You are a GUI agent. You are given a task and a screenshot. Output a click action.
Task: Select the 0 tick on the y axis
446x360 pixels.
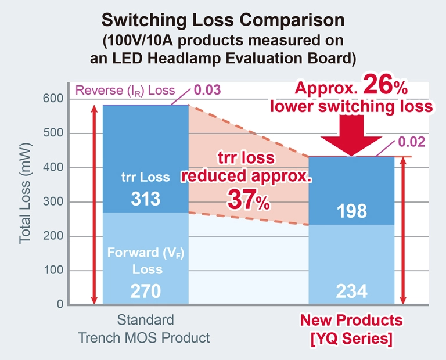pyautogui.click(x=59, y=304)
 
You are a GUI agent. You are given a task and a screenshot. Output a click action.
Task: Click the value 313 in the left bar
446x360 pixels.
pyautogui.click(x=145, y=199)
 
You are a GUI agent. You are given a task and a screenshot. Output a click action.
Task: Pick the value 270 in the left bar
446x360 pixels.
pyautogui.click(x=145, y=290)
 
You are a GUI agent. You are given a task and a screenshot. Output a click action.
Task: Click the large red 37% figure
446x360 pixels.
pyautogui.click(x=249, y=200)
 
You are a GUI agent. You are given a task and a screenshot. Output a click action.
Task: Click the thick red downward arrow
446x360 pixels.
pyautogui.click(x=350, y=135)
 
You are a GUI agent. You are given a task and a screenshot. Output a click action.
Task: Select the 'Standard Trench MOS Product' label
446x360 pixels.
pyautogui.click(x=145, y=329)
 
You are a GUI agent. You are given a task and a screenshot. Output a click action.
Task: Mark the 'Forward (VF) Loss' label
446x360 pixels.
pyautogui.click(x=146, y=261)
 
